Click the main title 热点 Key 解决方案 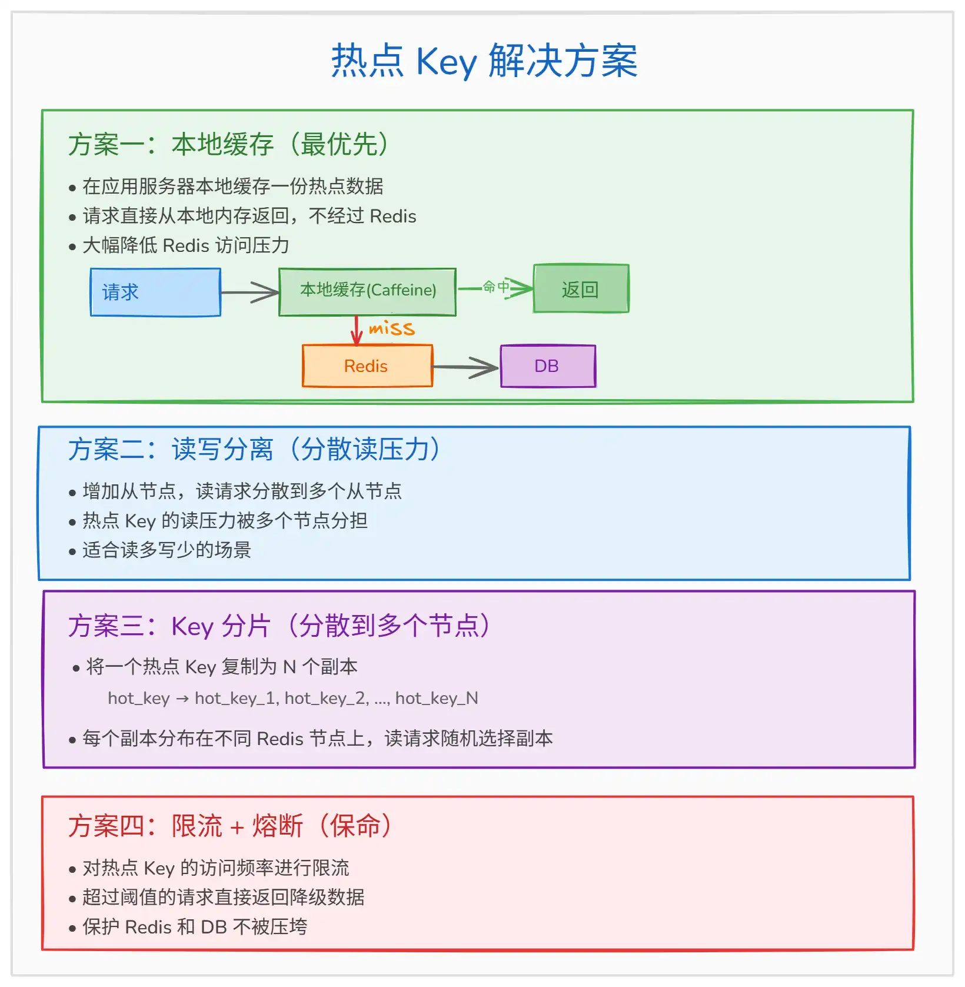click(x=484, y=61)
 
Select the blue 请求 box click(x=155, y=293)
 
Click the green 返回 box click(x=581, y=288)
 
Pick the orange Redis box click(x=367, y=366)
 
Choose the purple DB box click(x=548, y=366)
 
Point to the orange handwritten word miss click(x=391, y=328)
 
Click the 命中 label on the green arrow click(x=495, y=287)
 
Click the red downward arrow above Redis click(x=356, y=330)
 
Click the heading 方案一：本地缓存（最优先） click(x=228, y=145)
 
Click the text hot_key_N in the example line click(x=437, y=699)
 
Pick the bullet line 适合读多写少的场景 click(x=167, y=550)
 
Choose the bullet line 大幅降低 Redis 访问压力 click(x=185, y=245)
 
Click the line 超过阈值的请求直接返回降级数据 click(x=223, y=898)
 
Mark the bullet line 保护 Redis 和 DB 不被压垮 click(x=195, y=927)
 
